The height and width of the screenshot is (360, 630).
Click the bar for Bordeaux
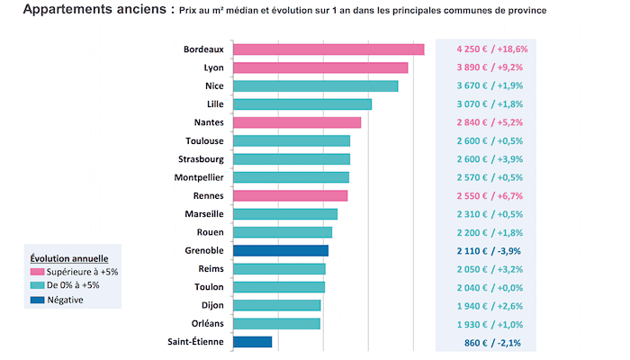[328, 49]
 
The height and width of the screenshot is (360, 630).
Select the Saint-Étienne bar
[252, 342]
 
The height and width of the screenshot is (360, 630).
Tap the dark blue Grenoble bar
[281, 250]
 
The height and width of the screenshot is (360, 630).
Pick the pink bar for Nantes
[297, 122]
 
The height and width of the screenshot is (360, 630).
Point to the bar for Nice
[315, 85]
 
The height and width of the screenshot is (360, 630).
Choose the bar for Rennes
[290, 195]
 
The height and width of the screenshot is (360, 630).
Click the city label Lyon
[214, 67]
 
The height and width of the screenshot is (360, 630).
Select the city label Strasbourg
[201, 158]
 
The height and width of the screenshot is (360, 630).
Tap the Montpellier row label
[199, 177]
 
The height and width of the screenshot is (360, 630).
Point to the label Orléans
[207, 323]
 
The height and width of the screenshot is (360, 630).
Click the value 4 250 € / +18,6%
[490, 49]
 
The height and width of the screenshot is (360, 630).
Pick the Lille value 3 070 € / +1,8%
[490, 104]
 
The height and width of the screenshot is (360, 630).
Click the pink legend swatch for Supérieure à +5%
[37, 271]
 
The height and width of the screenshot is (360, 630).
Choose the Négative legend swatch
[37, 300]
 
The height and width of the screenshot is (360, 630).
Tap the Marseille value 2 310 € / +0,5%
[490, 214]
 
